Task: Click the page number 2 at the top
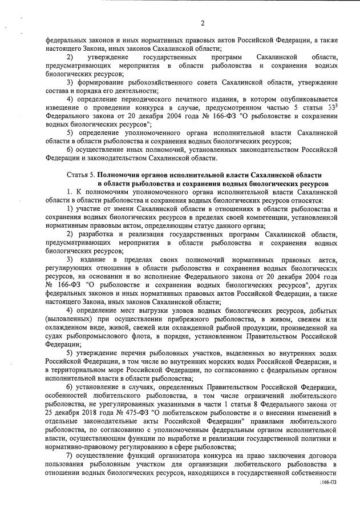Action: [x=202, y=23]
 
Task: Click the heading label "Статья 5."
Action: [x=80, y=173]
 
